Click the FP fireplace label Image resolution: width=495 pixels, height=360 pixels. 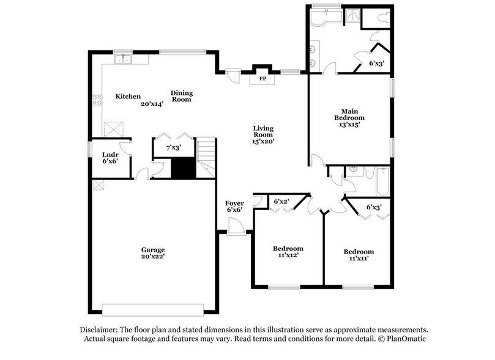point(263,80)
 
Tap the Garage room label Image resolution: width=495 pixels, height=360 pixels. point(152,250)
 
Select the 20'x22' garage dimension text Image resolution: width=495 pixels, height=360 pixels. point(153,258)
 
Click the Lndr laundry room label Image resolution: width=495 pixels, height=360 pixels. point(110,154)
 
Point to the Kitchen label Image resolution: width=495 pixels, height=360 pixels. point(128,97)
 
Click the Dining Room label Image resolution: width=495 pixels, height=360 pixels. point(181,96)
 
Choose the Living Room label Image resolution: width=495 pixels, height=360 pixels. point(264,132)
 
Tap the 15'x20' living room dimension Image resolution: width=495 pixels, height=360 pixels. point(264,141)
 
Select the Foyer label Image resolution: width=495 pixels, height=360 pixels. point(234,203)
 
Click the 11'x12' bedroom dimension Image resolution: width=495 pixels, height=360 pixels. point(288,255)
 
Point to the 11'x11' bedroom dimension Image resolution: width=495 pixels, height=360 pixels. point(359,259)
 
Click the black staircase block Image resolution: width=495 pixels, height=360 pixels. point(182,168)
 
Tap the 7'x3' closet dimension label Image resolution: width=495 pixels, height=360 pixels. point(174,148)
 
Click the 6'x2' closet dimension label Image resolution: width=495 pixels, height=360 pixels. point(281,201)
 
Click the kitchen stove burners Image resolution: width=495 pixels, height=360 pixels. point(97,99)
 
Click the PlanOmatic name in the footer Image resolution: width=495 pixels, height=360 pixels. point(404,339)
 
